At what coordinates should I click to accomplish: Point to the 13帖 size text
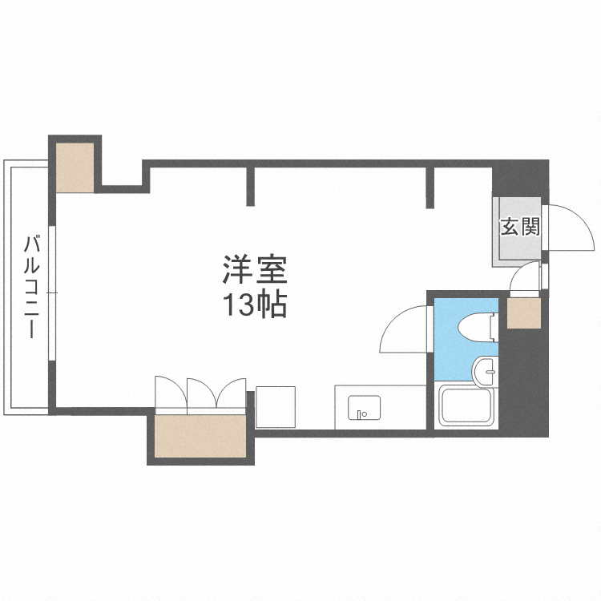coord(254,305)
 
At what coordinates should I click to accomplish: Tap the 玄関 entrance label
coord(519,227)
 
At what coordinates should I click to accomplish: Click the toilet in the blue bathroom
coord(478,325)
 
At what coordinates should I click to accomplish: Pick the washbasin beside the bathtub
coord(486,372)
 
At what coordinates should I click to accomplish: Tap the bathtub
coord(469,409)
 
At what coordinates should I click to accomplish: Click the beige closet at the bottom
coord(200,435)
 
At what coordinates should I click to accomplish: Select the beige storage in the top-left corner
coord(75,167)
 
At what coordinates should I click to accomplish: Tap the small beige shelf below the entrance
coord(524,313)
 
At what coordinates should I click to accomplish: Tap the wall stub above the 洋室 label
coord(251,185)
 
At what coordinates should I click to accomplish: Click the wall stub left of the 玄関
coord(430,187)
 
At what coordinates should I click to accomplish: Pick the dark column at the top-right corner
coord(521,176)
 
